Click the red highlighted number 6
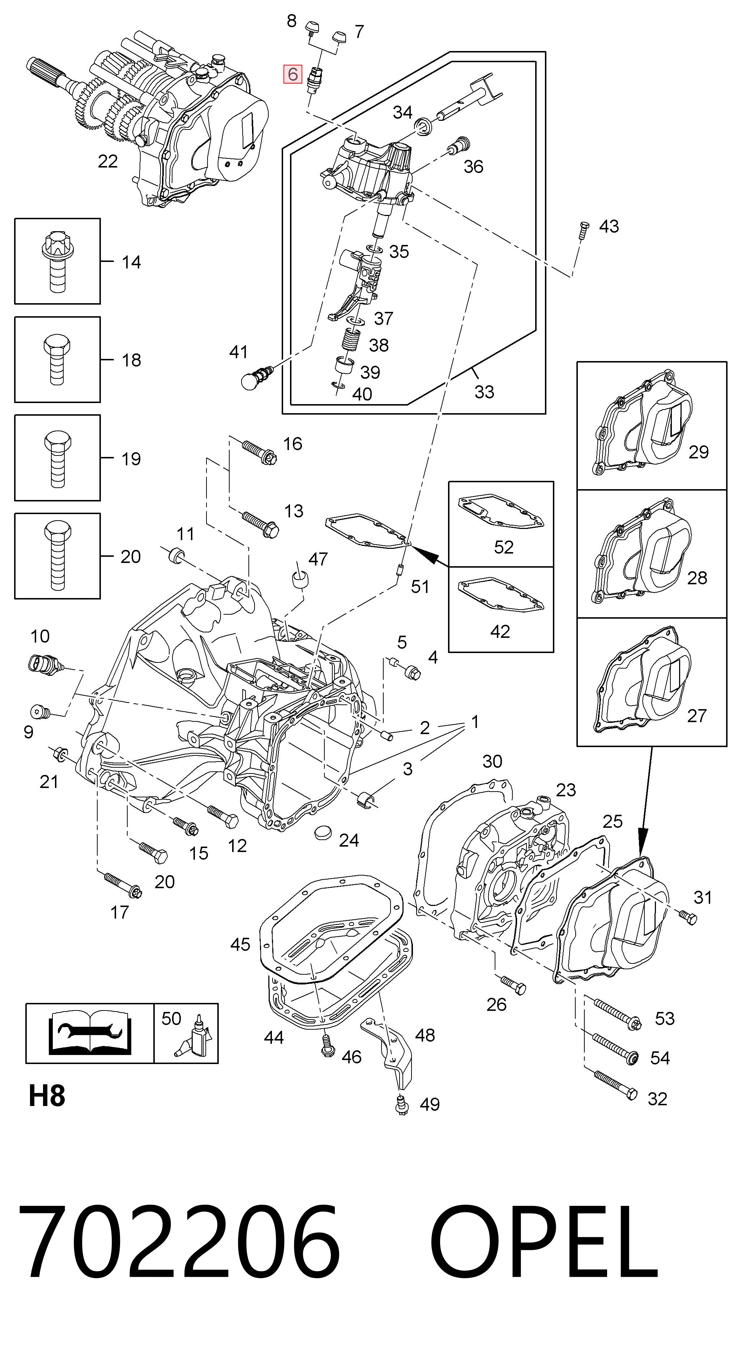click(292, 74)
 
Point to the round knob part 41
click(256, 377)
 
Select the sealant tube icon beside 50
click(194, 1037)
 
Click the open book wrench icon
click(89, 1034)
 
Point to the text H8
click(47, 1097)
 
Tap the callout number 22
click(107, 161)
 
